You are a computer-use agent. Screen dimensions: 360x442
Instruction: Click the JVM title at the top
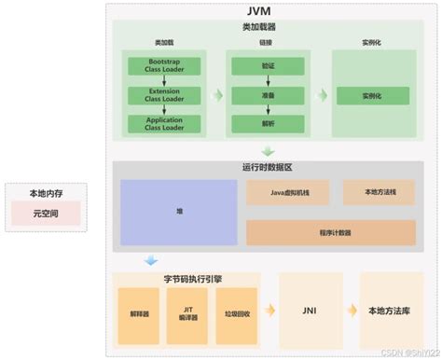tap(271, 9)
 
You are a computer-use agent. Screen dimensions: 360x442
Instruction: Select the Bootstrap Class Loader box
tap(157, 67)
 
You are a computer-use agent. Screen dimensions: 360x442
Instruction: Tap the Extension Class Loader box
tap(157, 95)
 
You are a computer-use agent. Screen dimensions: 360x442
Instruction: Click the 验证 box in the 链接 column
tap(267, 67)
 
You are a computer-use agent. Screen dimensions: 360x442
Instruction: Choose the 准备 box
tap(267, 95)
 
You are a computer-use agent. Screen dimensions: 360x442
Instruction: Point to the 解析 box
tap(267, 122)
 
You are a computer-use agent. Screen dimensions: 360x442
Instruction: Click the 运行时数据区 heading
tap(267, 166)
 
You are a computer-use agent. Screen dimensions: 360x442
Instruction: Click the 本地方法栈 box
tap(380, 193)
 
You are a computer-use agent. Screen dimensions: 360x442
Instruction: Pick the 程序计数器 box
tap(332, 231)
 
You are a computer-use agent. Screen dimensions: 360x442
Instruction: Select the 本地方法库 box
tap(391, 311)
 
